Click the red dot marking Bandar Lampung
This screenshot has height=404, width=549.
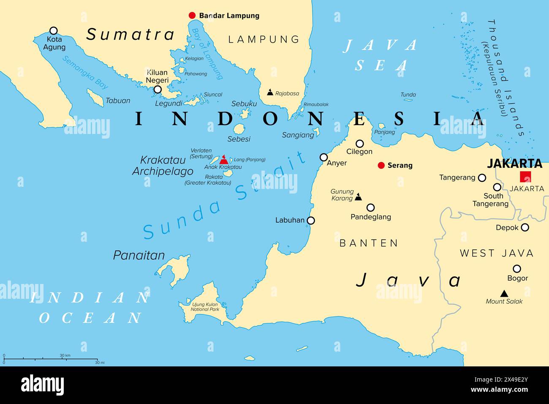tap(192, 16)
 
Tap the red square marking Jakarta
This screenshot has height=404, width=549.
tap(525, 177)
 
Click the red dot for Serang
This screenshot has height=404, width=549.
tap(381, 165)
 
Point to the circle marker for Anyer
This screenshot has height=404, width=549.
tap(323, 157)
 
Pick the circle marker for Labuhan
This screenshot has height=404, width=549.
tap(311, 220)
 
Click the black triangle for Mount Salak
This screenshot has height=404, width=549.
tap(504, 293)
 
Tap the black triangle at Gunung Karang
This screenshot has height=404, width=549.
tap(358, 197)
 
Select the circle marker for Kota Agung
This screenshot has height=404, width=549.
tap(54, 30)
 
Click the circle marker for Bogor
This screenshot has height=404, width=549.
tap(516, 268)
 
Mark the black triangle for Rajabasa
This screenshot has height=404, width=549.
tap(270, 92)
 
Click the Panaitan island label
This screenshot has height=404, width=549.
tap(139, 255)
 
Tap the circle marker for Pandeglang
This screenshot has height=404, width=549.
tap(370, 207)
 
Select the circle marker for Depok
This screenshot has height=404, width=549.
tap(525, 227)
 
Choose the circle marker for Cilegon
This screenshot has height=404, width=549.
tap(359, 144)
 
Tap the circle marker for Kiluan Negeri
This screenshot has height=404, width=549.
tap(158, 89)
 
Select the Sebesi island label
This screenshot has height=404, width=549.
tap(239, 139)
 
